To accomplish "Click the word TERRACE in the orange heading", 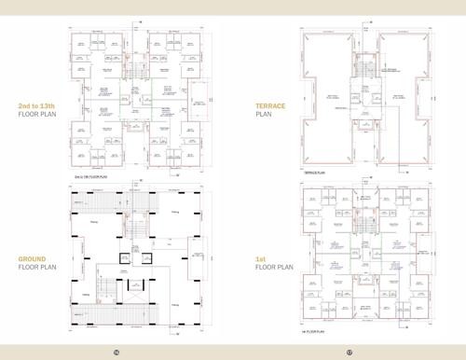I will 270,107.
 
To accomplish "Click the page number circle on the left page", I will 116,352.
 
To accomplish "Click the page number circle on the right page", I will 349,352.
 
